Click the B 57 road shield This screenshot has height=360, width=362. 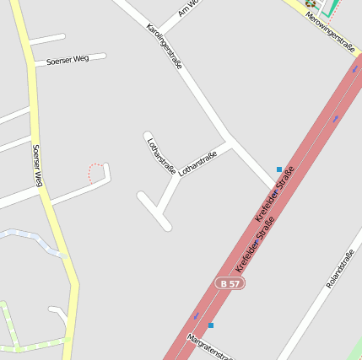230,284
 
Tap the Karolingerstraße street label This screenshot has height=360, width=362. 165,52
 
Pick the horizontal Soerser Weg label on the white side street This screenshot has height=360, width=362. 68,60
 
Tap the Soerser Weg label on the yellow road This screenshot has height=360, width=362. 37,166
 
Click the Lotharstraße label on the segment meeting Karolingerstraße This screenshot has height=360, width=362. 198,163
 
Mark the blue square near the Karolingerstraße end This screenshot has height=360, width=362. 279,169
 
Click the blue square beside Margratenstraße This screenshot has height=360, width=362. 211,325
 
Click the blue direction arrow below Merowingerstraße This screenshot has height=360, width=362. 335,119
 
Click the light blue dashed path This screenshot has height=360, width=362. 34,239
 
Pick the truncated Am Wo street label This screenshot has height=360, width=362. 188,8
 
